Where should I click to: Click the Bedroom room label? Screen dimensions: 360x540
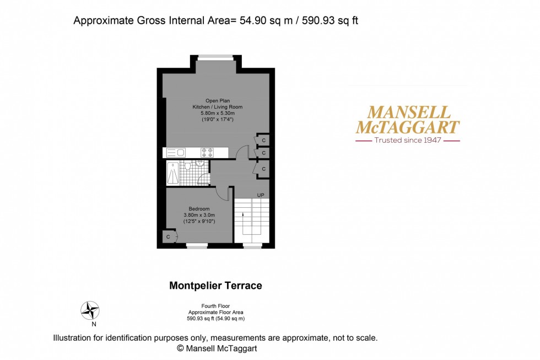(199, 208)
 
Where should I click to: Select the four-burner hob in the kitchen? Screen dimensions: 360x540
(207, 152)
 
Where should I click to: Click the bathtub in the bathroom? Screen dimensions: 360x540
(173, 173)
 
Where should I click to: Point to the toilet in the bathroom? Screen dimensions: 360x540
(188, 165)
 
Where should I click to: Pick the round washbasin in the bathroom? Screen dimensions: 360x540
(200, 163)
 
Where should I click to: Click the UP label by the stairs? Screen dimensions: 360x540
(261, 195)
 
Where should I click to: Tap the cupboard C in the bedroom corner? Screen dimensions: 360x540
(168, 237)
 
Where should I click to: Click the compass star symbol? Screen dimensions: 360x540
(90, 310)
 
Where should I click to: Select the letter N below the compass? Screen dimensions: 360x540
(86, 325)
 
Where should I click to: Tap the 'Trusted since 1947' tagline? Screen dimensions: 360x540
(407, 140)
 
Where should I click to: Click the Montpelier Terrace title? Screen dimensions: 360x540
(215, 286)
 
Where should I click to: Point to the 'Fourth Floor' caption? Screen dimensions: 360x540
(216, 306)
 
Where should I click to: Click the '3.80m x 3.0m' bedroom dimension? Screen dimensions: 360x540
(199, 215)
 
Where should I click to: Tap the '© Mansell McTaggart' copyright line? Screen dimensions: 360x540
(217, 348)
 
